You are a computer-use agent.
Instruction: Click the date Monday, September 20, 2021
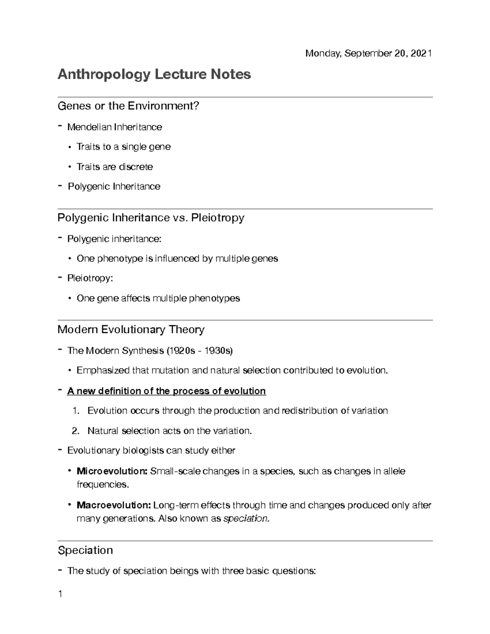368,53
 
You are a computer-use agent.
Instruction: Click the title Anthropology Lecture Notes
154,74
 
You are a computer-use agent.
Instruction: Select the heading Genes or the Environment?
128,106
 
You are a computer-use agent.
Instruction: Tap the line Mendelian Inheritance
114,127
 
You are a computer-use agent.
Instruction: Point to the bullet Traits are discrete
114,167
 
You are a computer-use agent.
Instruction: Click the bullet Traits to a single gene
123,147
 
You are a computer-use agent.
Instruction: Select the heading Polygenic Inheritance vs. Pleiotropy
151,218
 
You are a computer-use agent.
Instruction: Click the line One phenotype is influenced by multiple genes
177,258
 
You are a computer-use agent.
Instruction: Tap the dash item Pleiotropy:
90,278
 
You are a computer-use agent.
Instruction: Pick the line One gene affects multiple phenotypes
158,298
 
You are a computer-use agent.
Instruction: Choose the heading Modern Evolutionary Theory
131,329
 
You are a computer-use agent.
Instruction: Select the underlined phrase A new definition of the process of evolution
166,391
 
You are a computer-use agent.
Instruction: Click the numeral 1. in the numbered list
75,411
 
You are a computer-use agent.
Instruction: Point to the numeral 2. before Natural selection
75,431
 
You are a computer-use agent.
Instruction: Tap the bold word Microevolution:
112,471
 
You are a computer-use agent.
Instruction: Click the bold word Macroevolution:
114,505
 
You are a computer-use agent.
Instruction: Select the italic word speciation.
247,519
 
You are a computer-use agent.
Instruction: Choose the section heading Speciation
85,550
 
